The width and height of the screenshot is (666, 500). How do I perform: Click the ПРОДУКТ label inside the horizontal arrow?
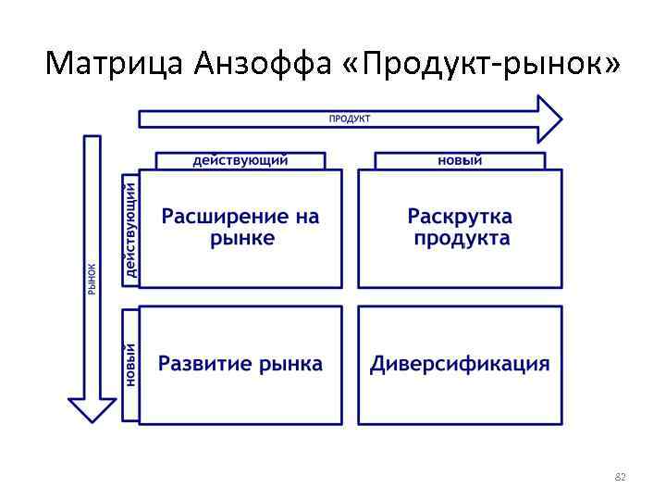pos(350,119)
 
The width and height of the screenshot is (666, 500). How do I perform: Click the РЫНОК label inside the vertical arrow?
pos(92,279)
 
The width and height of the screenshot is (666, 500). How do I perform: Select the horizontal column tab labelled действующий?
pos(240,160)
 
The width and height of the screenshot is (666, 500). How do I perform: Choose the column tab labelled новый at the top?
pos(460,160)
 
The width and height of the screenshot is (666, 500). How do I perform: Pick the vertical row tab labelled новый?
pos(130,364)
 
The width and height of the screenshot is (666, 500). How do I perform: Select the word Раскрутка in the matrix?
pos(460,217)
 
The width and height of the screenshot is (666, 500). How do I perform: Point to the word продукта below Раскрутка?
pos(461,238)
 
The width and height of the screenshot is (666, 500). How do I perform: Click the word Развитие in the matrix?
pos(204,363)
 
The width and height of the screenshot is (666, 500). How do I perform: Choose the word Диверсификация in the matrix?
pos(460,363)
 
